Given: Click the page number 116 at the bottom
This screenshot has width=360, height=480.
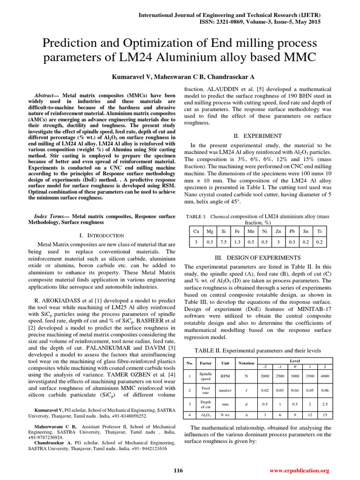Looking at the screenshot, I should pyautogui.click(x=178, y=470).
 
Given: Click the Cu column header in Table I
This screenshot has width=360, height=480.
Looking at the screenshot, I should pyautogui.click(x=195, y=231).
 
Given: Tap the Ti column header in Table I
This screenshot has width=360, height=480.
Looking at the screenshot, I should pyautogui.click(x=319, y=231).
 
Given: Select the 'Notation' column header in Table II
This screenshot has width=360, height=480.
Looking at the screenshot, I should pyautogui.click(x=246, y=363).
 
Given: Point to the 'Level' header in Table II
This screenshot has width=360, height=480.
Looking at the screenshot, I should pyautogui.click(x=294, y=360).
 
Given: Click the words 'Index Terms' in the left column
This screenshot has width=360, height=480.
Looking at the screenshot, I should pyautogui.click(x=51, y=217).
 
